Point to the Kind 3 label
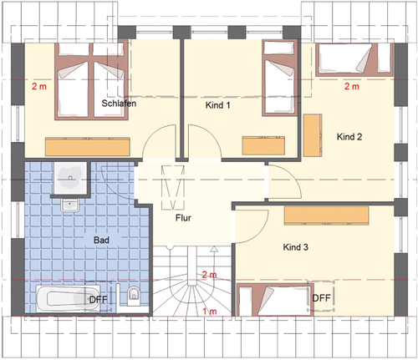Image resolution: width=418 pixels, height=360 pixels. click(x=296, y=247)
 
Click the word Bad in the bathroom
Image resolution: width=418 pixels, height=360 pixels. click(x=101, y=241)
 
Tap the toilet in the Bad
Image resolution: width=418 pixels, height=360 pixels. click(x=132, y=294)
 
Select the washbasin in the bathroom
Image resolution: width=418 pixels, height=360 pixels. click(x=68, y=205)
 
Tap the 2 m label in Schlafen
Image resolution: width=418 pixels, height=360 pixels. click(x=39, y=85)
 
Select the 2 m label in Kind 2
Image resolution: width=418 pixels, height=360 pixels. click(x=351, y=85)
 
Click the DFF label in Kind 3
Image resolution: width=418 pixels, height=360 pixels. click(x=321, y=297)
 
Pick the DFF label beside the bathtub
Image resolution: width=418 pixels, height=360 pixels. click(x=99, y=298)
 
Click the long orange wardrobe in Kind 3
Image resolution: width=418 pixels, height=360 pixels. click(x=326, y=215)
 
